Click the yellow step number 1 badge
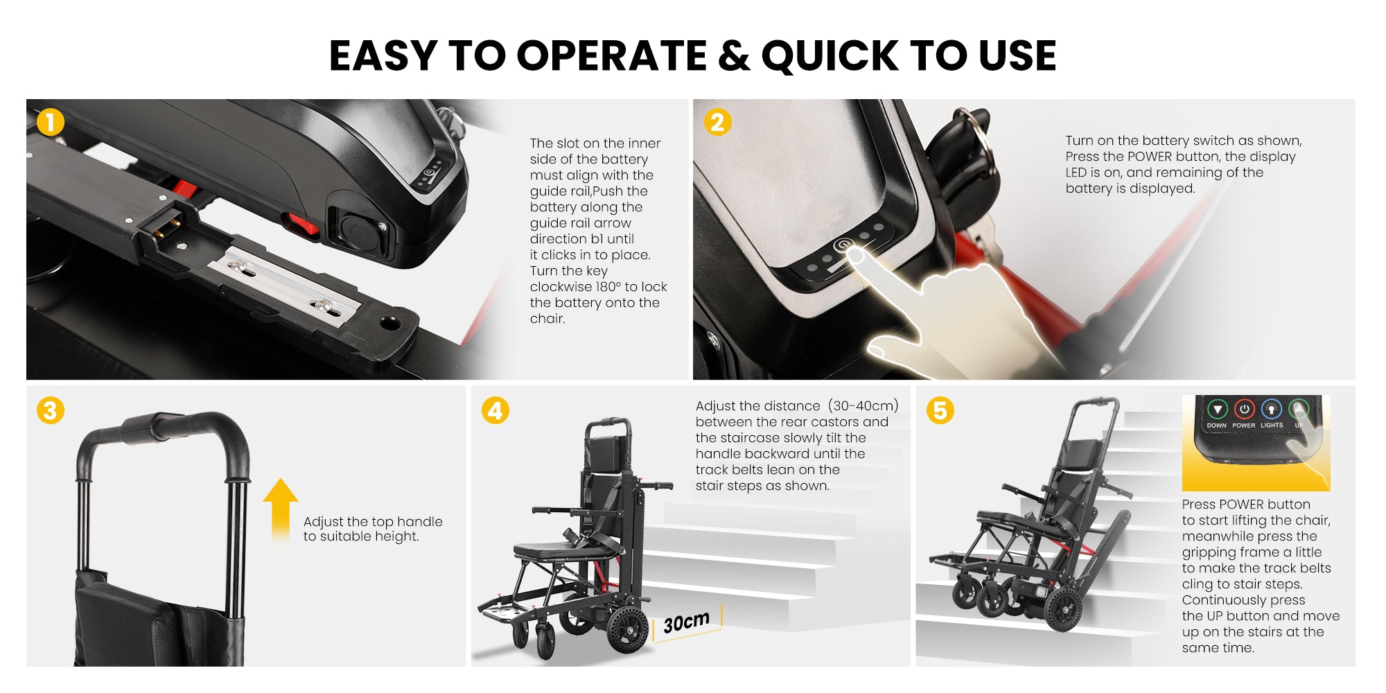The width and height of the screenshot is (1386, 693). [50, 123]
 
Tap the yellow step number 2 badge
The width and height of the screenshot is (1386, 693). [717, 123]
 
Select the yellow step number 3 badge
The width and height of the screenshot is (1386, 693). [50, 410]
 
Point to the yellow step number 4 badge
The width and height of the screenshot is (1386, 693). [495, 410]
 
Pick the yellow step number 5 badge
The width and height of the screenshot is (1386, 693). [940, 410]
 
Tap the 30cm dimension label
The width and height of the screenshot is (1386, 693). [686, 622]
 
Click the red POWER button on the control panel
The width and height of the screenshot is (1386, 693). [1244, 409]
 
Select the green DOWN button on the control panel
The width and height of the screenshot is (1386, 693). [1217, 409]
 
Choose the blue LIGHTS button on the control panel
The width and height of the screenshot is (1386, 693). [1271, 409]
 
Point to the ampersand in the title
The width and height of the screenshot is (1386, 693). [733, 55]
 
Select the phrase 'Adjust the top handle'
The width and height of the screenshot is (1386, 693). [373, 521]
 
